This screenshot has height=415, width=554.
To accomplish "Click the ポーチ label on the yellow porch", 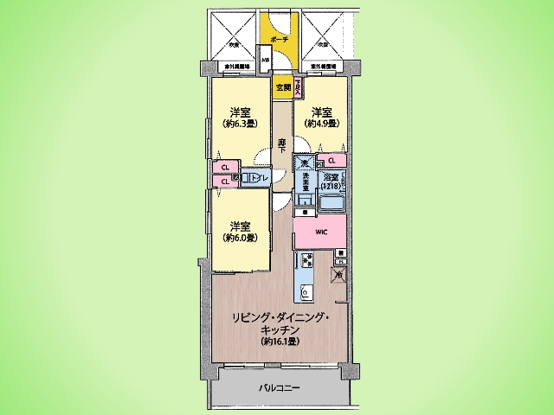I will [x=279, y=41].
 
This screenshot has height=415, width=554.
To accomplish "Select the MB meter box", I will [x=267, y=60].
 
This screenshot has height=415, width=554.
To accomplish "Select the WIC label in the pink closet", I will [x=320, y=232].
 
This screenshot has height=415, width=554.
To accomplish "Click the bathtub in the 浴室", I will [x=332, y=205].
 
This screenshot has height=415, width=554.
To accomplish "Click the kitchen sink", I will [x=306, y=291].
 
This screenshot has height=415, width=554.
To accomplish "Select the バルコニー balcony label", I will [x=279, y=388].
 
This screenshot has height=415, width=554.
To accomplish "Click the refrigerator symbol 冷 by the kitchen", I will [x=338, y=277].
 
